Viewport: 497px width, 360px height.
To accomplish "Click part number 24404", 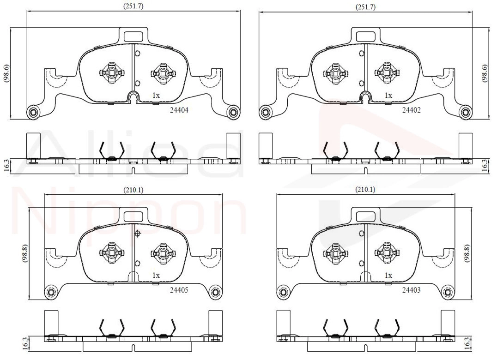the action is (179, 110).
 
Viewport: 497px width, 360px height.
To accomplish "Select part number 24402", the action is (412, 110).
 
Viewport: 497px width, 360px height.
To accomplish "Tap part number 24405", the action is (179, 290).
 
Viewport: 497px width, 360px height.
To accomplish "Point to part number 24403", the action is (412, 290).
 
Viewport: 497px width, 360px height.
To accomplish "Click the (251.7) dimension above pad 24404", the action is (133, 6).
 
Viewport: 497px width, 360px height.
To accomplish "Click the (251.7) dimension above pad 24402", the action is (365, 6).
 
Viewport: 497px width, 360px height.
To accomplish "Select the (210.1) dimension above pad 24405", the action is (133, 190).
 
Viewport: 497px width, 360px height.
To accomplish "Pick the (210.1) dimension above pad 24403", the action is (365, 189).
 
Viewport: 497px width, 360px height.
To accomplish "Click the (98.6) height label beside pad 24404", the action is (6, 74).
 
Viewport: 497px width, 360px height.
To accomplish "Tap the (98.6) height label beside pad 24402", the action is (484, 73).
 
